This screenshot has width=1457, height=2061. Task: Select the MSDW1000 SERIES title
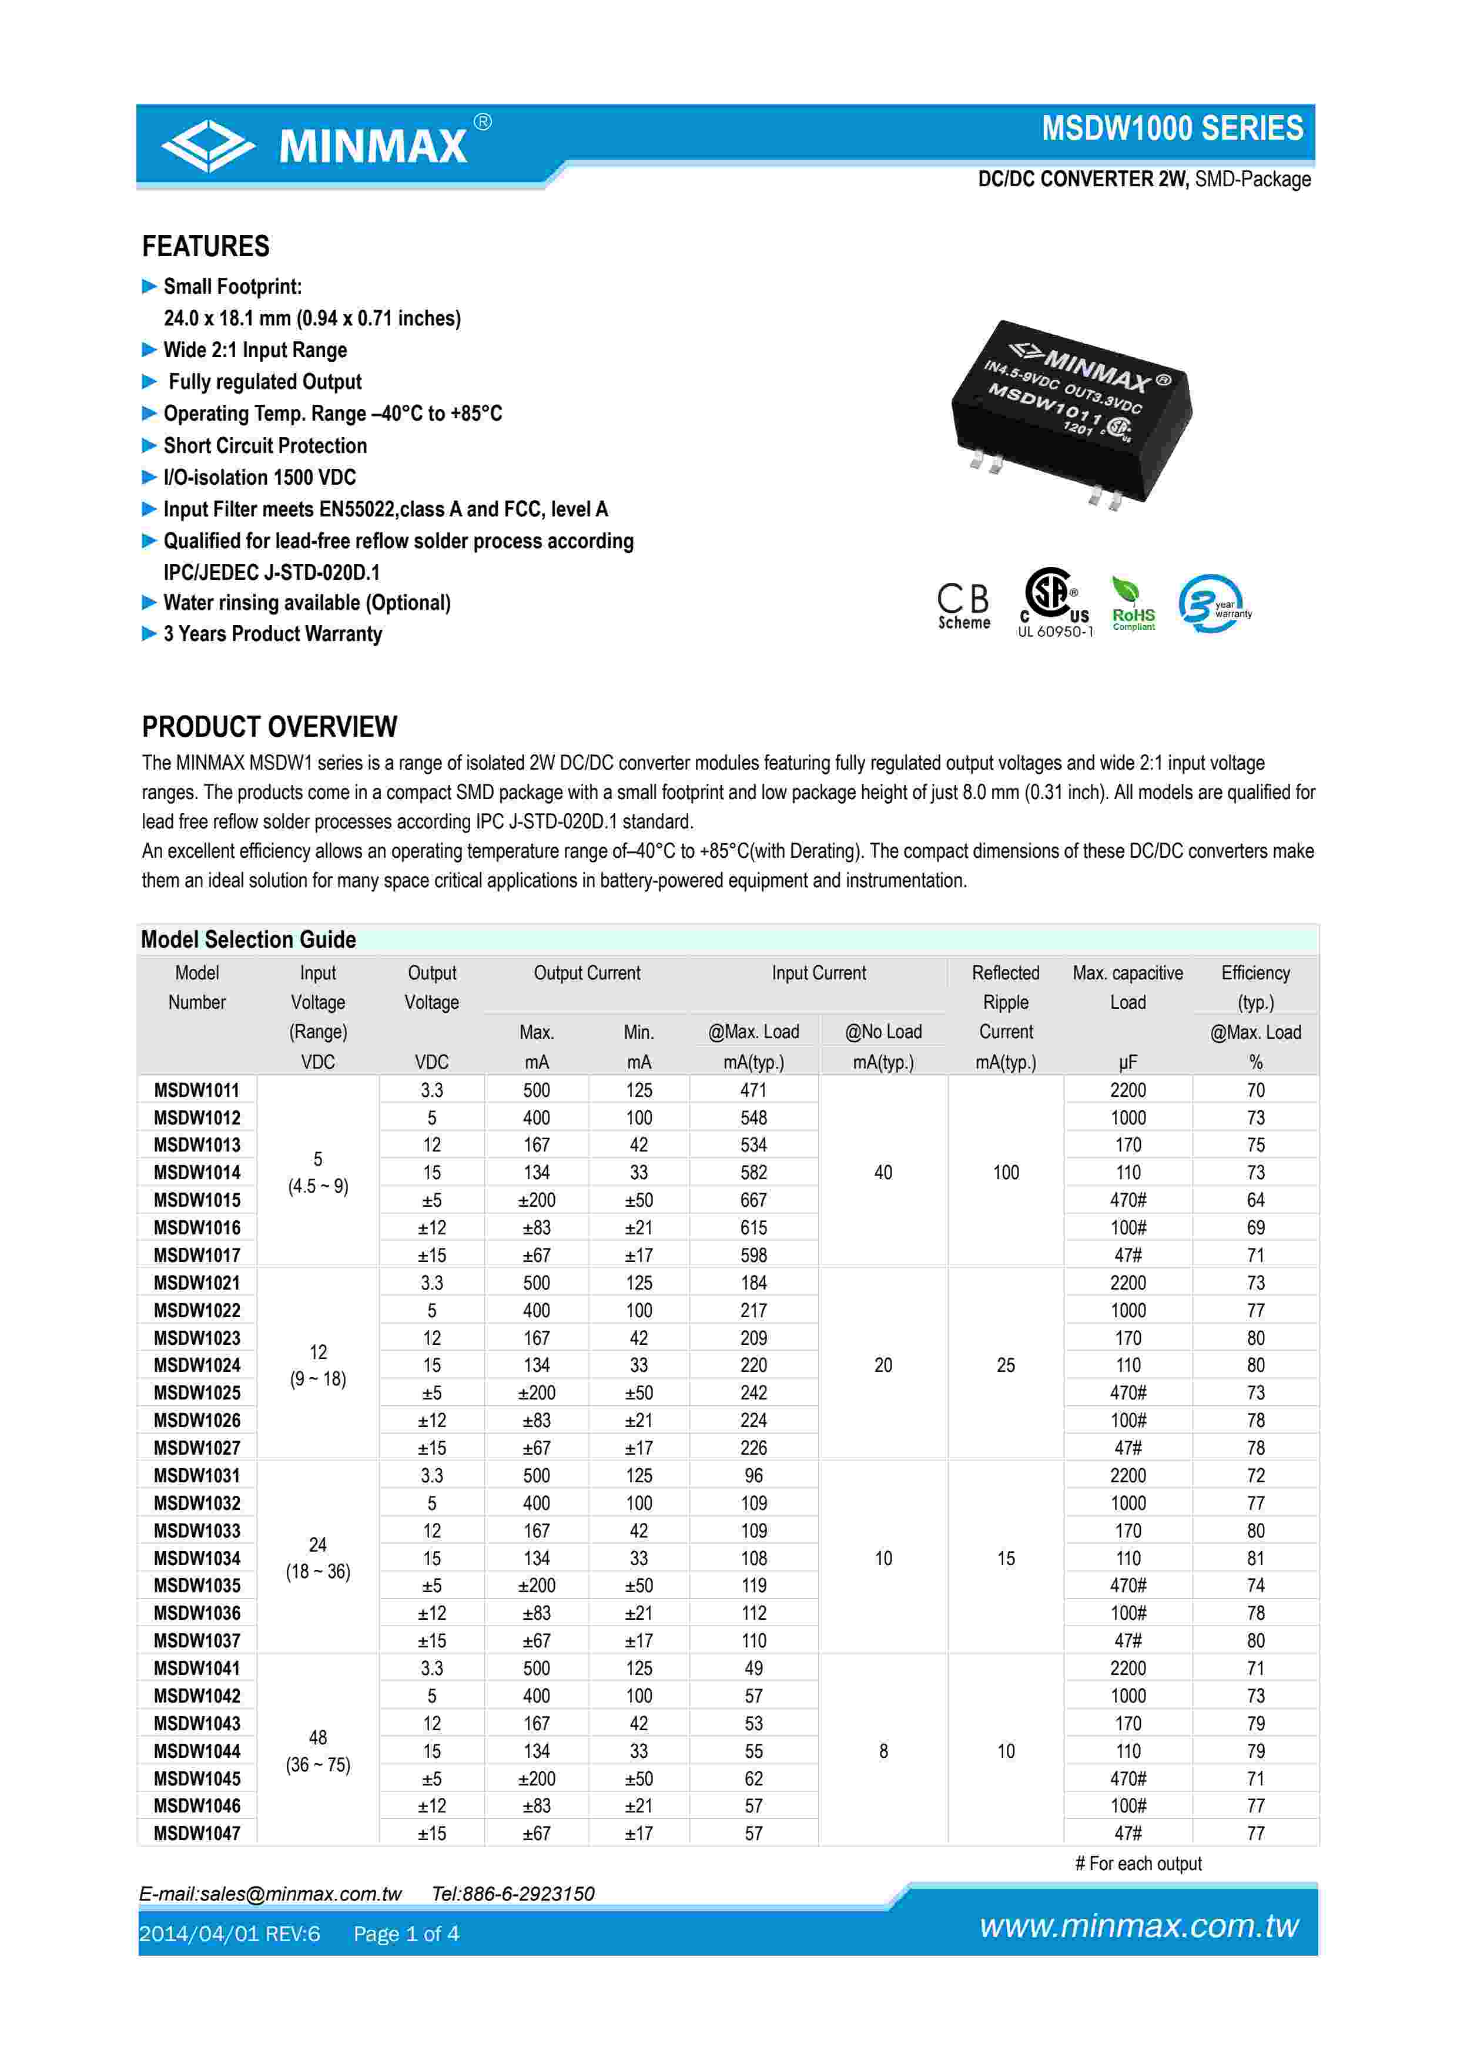point(1171,128)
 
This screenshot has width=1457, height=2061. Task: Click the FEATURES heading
point(206,246)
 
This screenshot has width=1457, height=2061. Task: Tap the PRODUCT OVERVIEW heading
point(269,726)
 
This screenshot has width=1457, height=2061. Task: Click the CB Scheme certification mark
point(963,606)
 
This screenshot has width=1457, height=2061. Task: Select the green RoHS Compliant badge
point(1133,604)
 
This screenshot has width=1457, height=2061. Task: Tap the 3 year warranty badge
point(1213,604)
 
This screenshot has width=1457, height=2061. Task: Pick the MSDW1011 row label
point(197,1090)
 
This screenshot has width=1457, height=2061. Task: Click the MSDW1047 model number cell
point(197,1833)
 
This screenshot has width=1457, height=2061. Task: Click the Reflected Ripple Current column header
point(1006,1016)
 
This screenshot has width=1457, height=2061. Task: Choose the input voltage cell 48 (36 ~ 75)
point(318,1750)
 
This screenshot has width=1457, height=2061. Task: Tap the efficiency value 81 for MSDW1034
point(1255,1558)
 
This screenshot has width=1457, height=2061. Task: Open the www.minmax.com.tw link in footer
point(1138,1925)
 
